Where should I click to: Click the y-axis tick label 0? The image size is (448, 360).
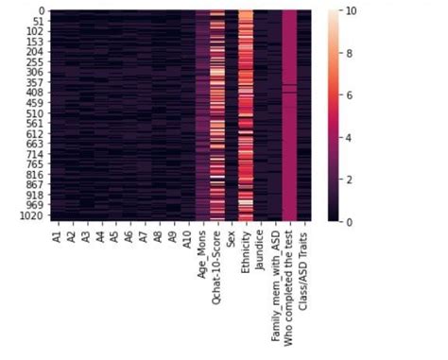[35, 11]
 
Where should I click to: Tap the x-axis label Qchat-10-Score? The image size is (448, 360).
[217, 261]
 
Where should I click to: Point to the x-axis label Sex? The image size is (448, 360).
[232, 236]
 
